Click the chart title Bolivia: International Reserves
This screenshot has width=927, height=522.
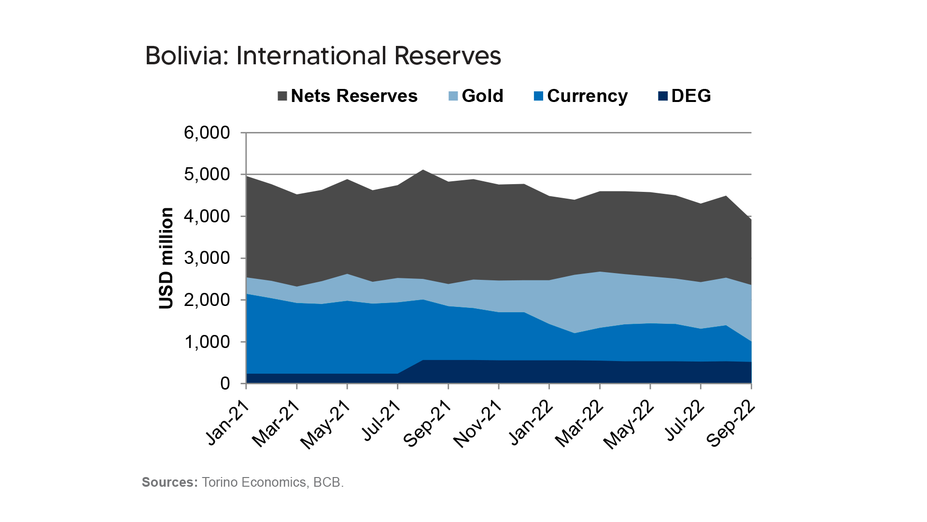click(323, 56)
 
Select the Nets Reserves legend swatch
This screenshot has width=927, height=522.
click(282, 96)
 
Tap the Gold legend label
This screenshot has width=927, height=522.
click(482, 96)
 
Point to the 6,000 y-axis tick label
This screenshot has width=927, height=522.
click(207, 133)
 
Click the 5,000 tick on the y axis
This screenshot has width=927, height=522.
click(207, 174)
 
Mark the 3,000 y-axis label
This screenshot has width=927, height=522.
click(207, 258)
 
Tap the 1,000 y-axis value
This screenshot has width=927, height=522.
click(207, 342)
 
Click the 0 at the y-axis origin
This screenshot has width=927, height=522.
click(225, 384)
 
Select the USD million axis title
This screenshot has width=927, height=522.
click(166, 258)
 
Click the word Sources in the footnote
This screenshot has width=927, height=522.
click(169, 482)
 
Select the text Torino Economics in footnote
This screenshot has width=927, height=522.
click(253, 482)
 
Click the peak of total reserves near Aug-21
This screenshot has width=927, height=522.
click(423, 170)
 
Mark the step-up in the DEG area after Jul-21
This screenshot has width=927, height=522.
click(410, 367)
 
